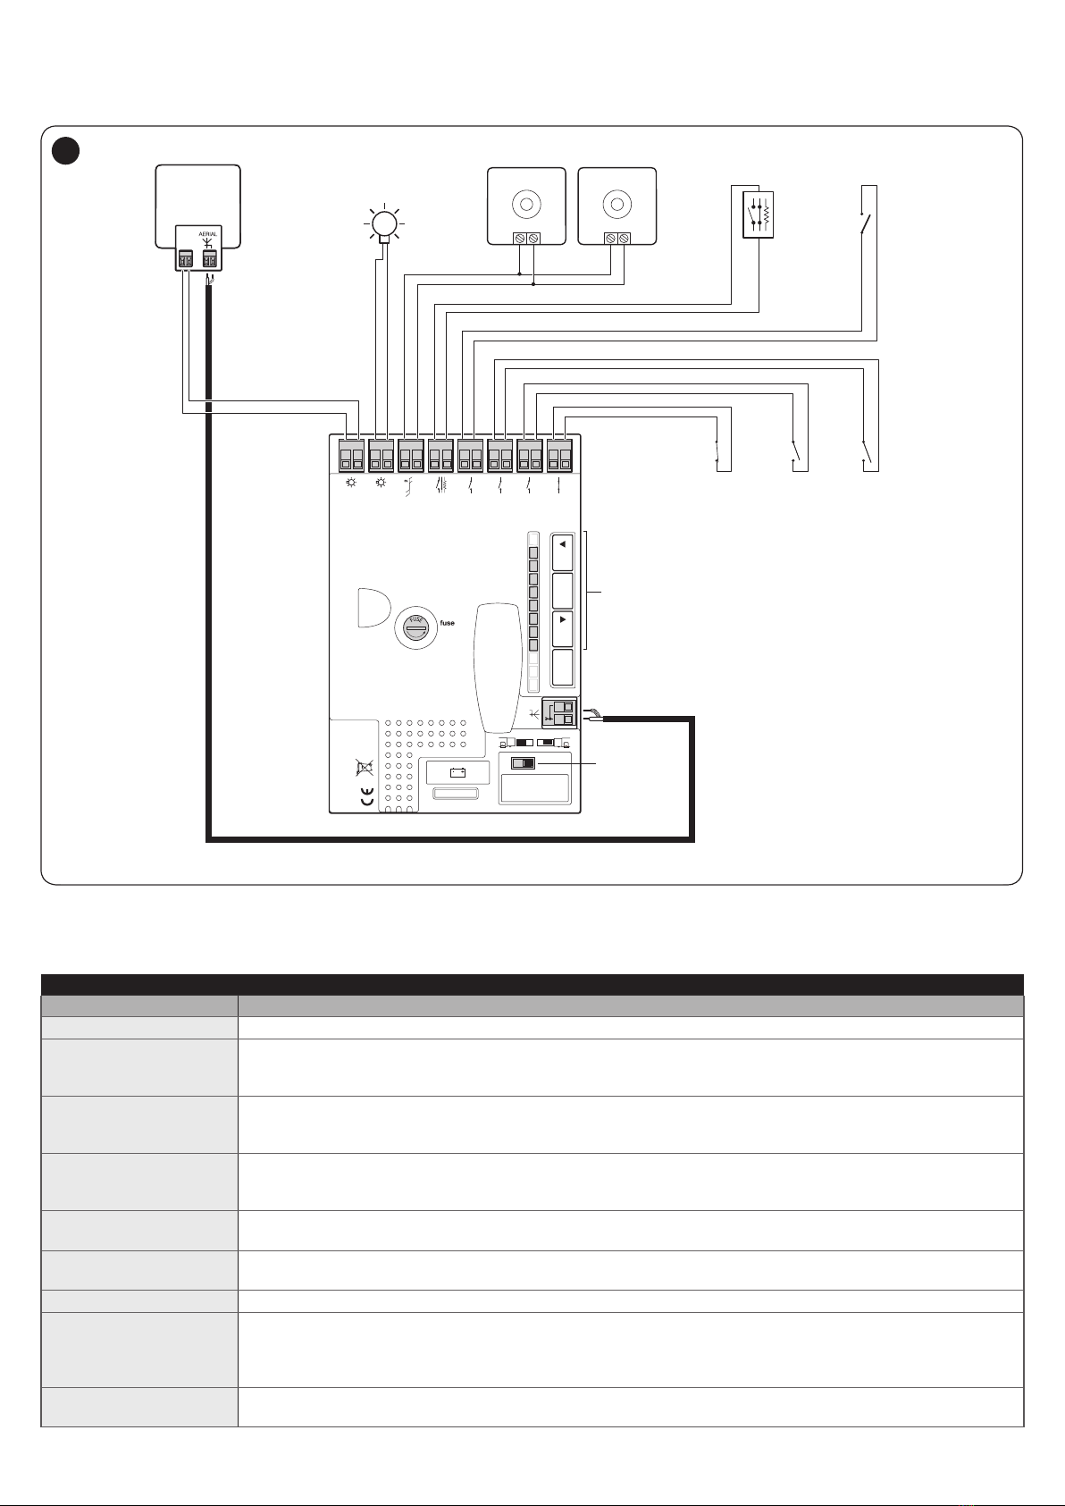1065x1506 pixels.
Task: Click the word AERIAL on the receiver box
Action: pyautogui.click(x=207, y=234)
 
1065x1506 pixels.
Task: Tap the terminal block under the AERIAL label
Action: pyautogui.click(x=210, y=259)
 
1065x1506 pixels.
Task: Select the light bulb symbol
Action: pyautogui.click(x=384, y=223)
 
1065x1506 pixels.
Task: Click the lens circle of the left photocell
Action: pyautogui.click(x=527, y=204)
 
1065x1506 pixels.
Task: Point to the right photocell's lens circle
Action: pyautogui.click(x=616, y=204)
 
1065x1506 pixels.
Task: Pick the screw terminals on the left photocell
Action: pyautogui.click(x=527, y=238)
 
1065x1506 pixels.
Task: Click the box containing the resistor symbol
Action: pyautogui.click(x=758, y=215)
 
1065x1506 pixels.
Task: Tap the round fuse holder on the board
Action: pyautogui.click(x=416, y=627)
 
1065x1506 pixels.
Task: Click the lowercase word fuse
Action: pyautogui.click(x=448, y=623)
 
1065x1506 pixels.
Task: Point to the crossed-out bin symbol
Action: pyautogui.click(x=365, y=767)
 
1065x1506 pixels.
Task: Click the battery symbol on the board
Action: pyautogui.click(x=457, y=772)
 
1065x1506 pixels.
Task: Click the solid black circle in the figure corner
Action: pyautogui.click(x=66, y=151)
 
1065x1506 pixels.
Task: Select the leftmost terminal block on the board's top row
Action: pyautogui.click(x=351, y=455)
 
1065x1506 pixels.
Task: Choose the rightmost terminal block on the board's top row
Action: pyautogui.click(x=559, y=455)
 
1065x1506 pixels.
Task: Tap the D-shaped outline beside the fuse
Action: pyautogui.click(x=373, y=608)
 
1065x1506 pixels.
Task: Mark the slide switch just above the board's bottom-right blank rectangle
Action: pyautogui.click(x=523, y=764)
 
